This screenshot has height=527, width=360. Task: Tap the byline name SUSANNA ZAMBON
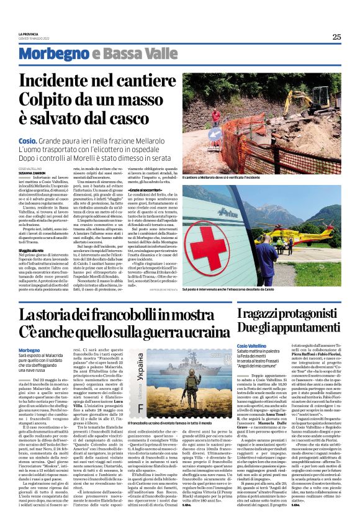tap(34, 172)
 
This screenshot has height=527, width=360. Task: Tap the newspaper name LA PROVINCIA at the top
tap(29, 33)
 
